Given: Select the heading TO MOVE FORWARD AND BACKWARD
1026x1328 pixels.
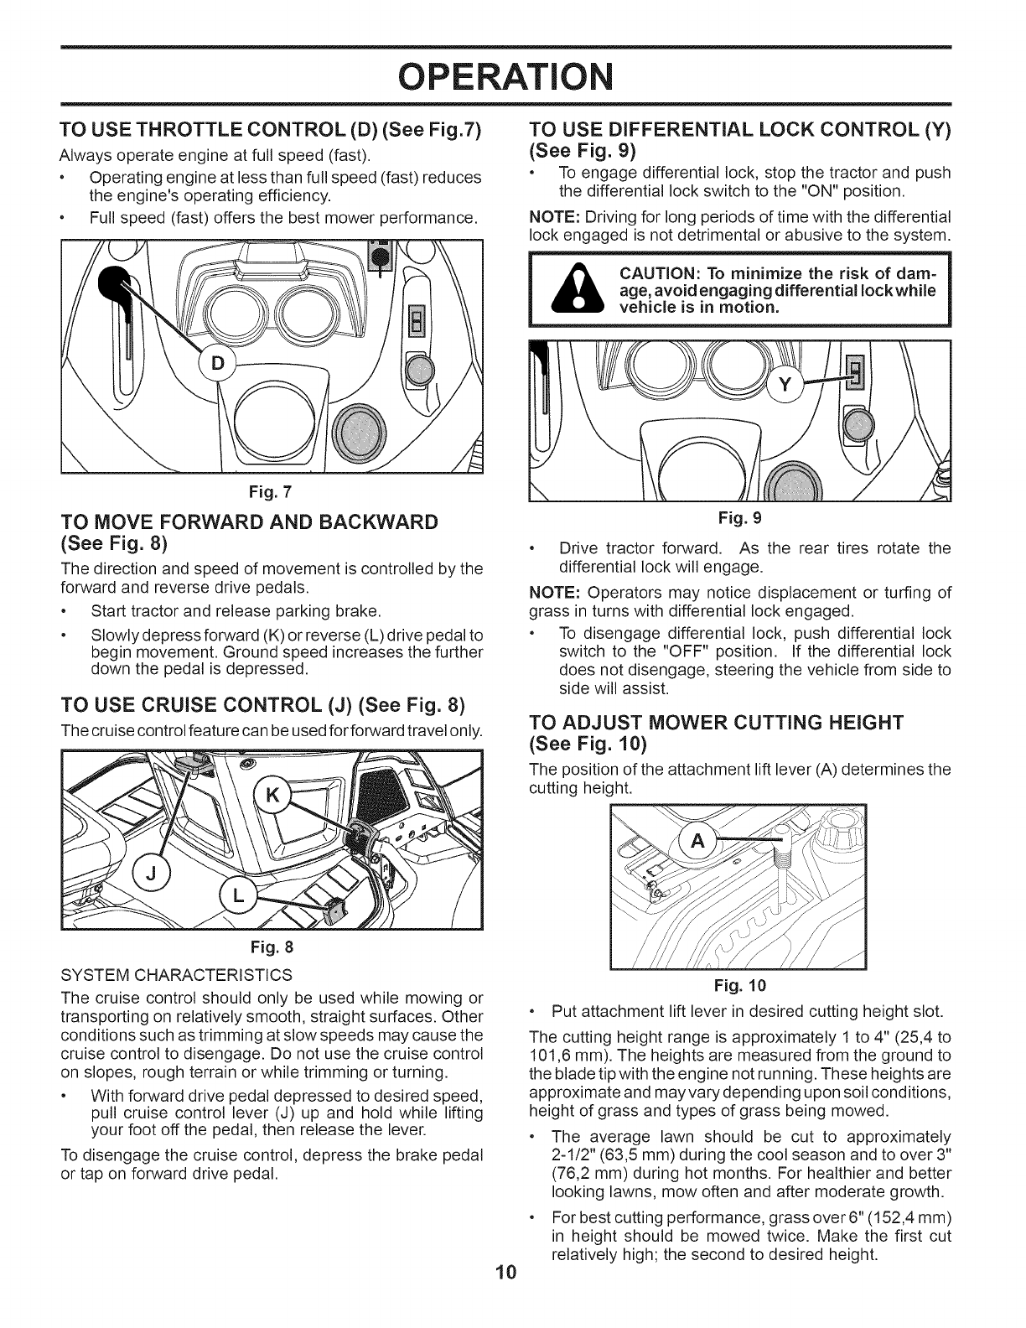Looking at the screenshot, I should click(249, 522).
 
